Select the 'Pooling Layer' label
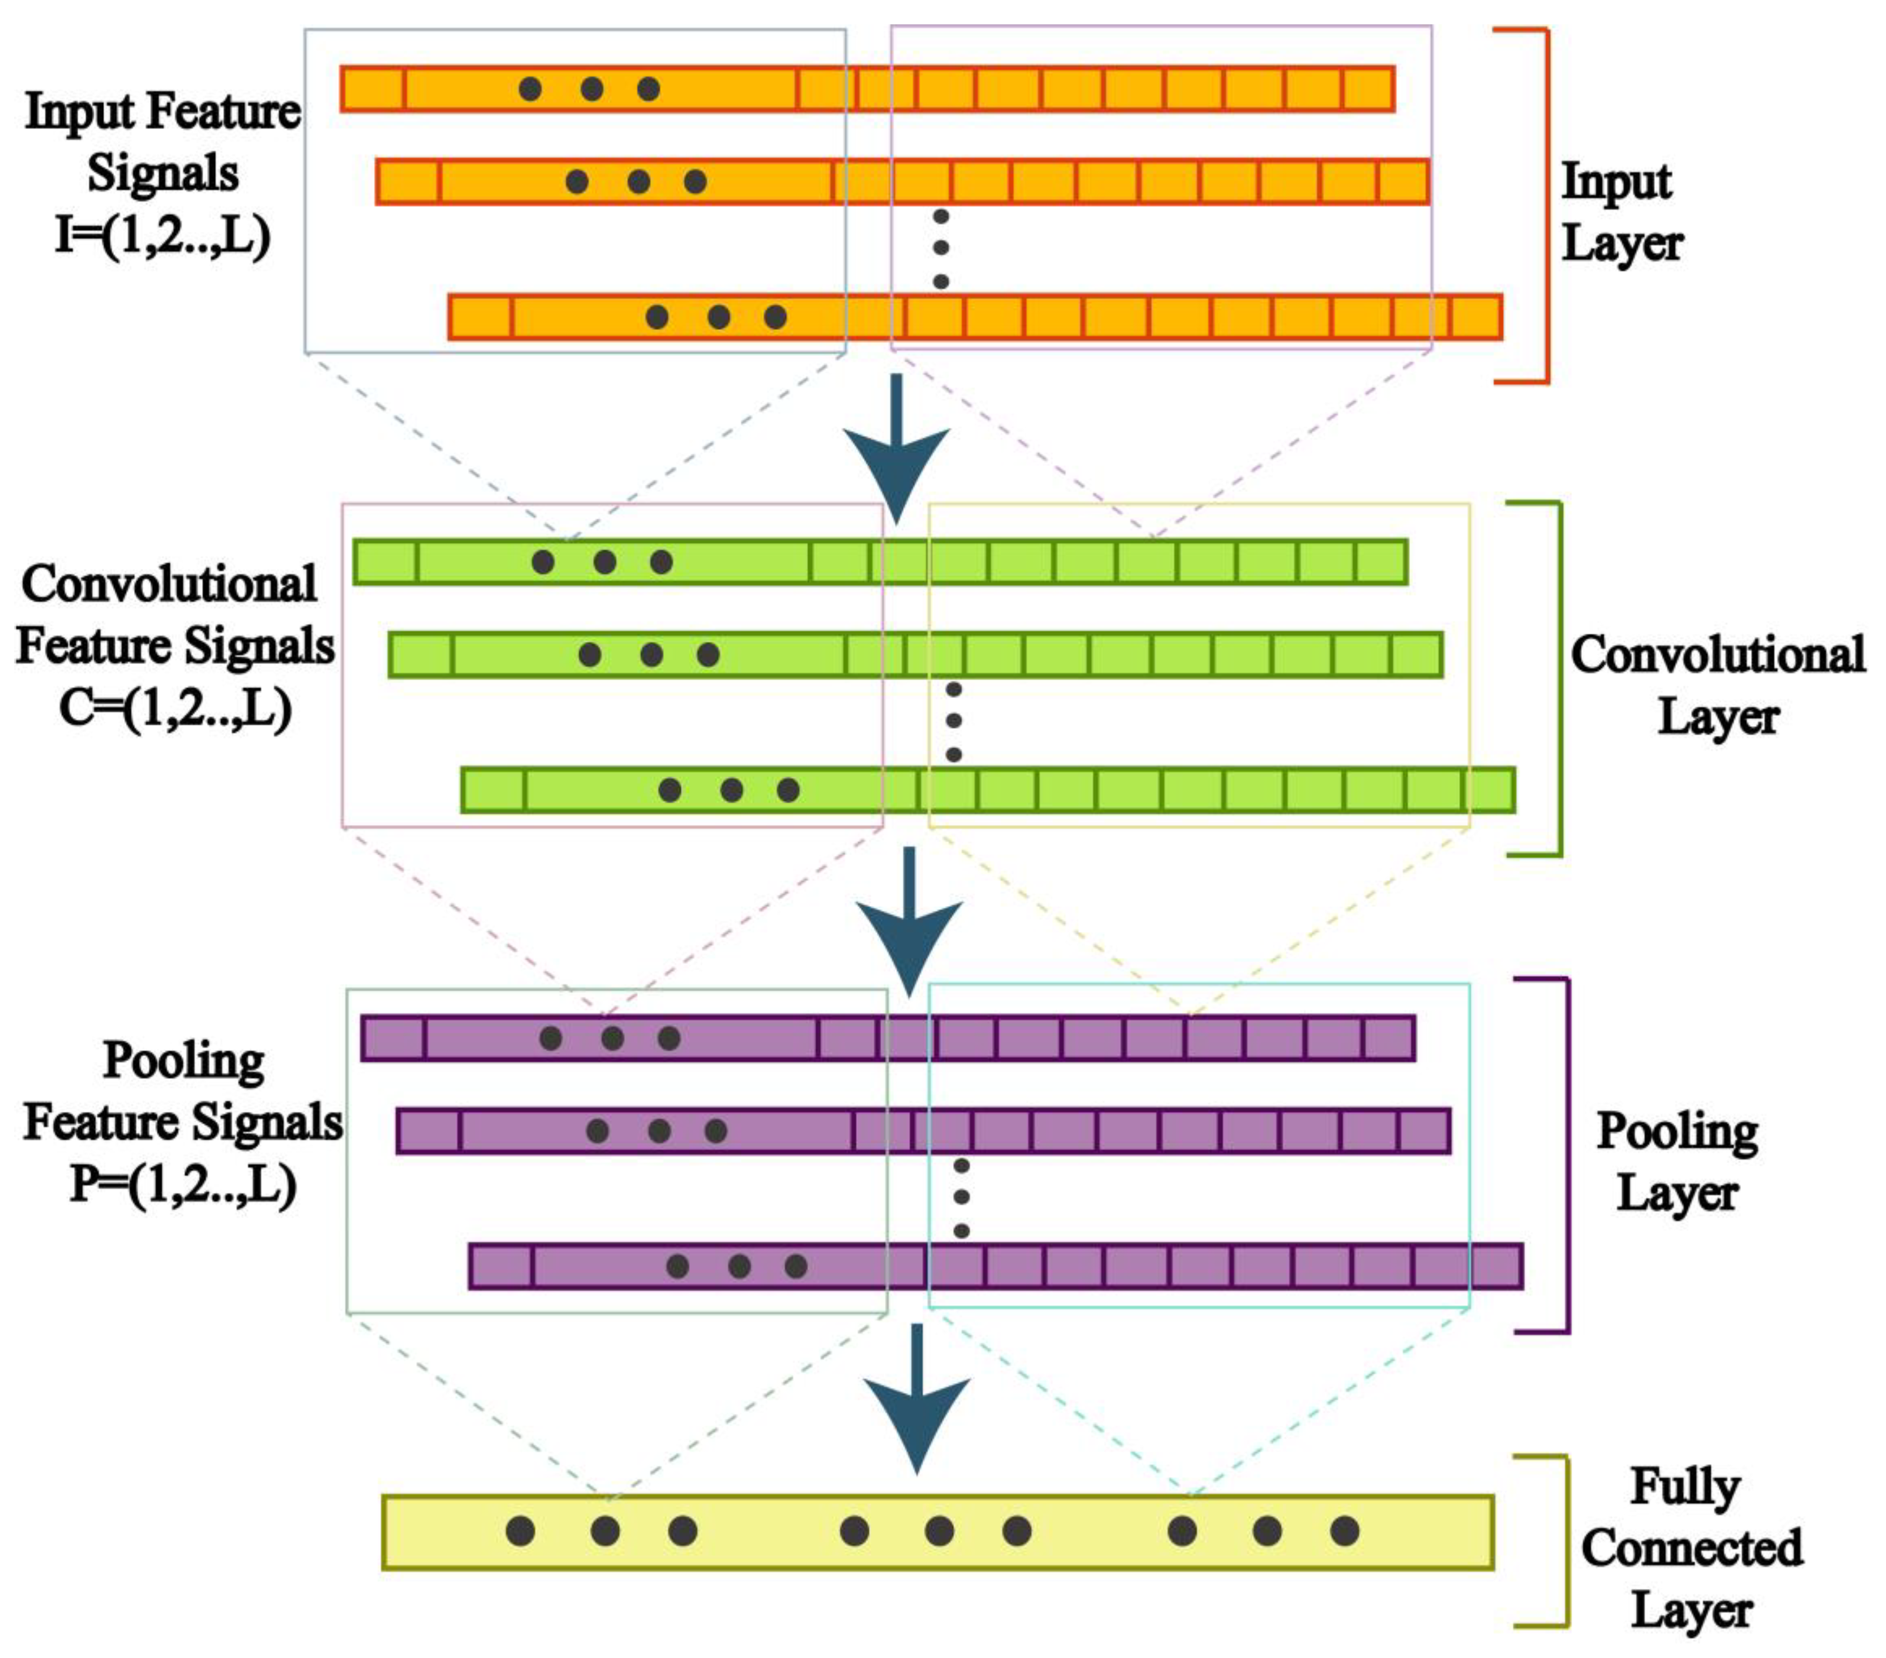pyautogui.click(x=1676, y=1160)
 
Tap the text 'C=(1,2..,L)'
pyautogui.click(x=176, y=709)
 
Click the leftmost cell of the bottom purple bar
pyautogui.click(x=501, y=1266)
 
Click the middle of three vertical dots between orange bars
pyautogui.click(x=940, y=247)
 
